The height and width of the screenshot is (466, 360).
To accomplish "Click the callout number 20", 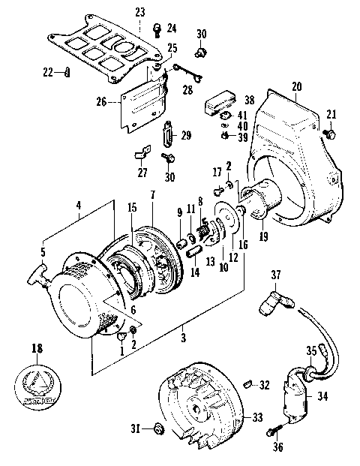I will tap(296, 87).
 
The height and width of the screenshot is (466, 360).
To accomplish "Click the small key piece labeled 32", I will tap(246, 385).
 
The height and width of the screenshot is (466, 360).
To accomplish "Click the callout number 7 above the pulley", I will tap(152, 195).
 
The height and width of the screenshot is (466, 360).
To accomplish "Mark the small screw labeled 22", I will tap(67, 72).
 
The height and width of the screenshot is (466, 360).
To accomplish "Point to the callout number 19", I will tap(263, 237).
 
